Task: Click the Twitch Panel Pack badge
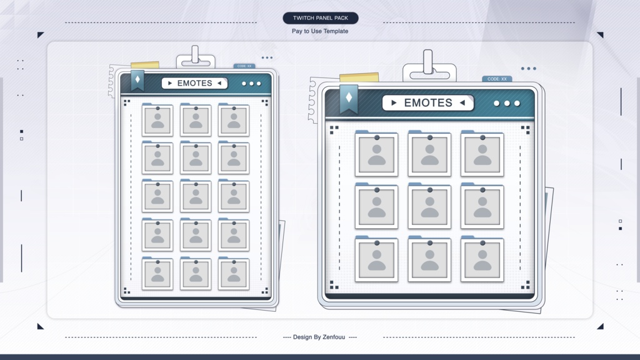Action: point(321,18)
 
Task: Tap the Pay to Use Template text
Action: point(320,31)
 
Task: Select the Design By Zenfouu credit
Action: point(319,337)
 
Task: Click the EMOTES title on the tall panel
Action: point(195,83)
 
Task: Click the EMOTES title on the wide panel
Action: point(428,103)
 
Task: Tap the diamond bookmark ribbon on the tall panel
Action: point(137,80)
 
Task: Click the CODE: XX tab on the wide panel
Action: point(497,79)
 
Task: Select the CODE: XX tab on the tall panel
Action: point(244,66)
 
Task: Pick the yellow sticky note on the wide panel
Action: point(359,77)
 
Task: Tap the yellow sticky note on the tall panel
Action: point(145,65)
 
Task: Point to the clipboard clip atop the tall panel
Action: point(196,57)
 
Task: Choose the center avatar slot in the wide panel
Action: point(429,206)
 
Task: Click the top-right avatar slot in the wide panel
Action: point(482,154)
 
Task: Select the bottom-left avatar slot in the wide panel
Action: point(376,259)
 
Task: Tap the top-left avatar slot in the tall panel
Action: point(157,120)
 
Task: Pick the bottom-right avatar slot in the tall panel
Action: point(234,274)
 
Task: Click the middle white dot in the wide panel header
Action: point(507,103)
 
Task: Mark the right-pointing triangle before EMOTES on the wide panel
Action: point(394,103)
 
